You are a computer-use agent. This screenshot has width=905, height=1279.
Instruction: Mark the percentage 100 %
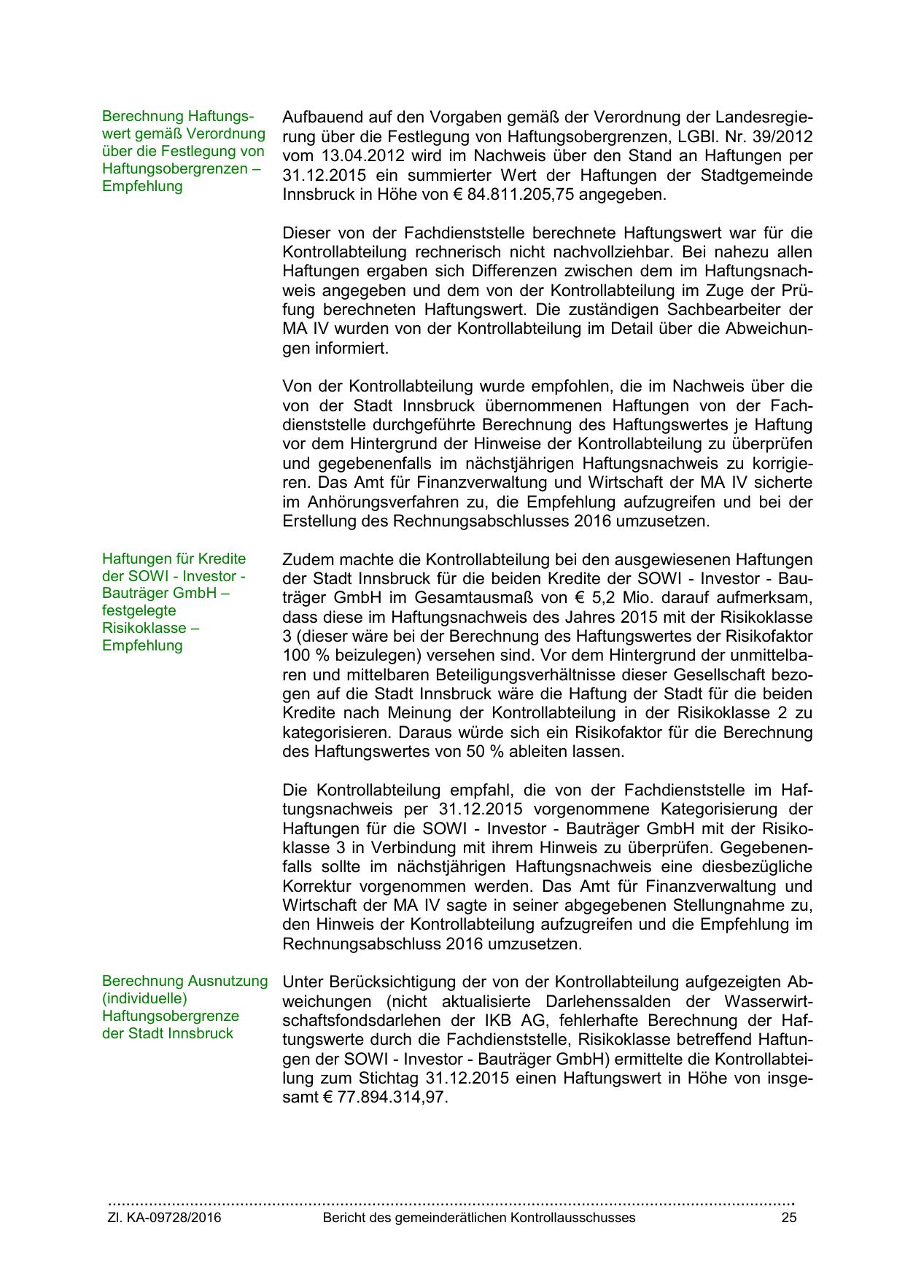pyautogui.click(x=305, y=656)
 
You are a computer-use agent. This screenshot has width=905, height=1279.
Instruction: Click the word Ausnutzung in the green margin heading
pyautogui.click(x=229, y=981)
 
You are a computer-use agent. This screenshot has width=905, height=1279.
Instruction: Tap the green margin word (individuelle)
pyautogui.click(x=144, y=998)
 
